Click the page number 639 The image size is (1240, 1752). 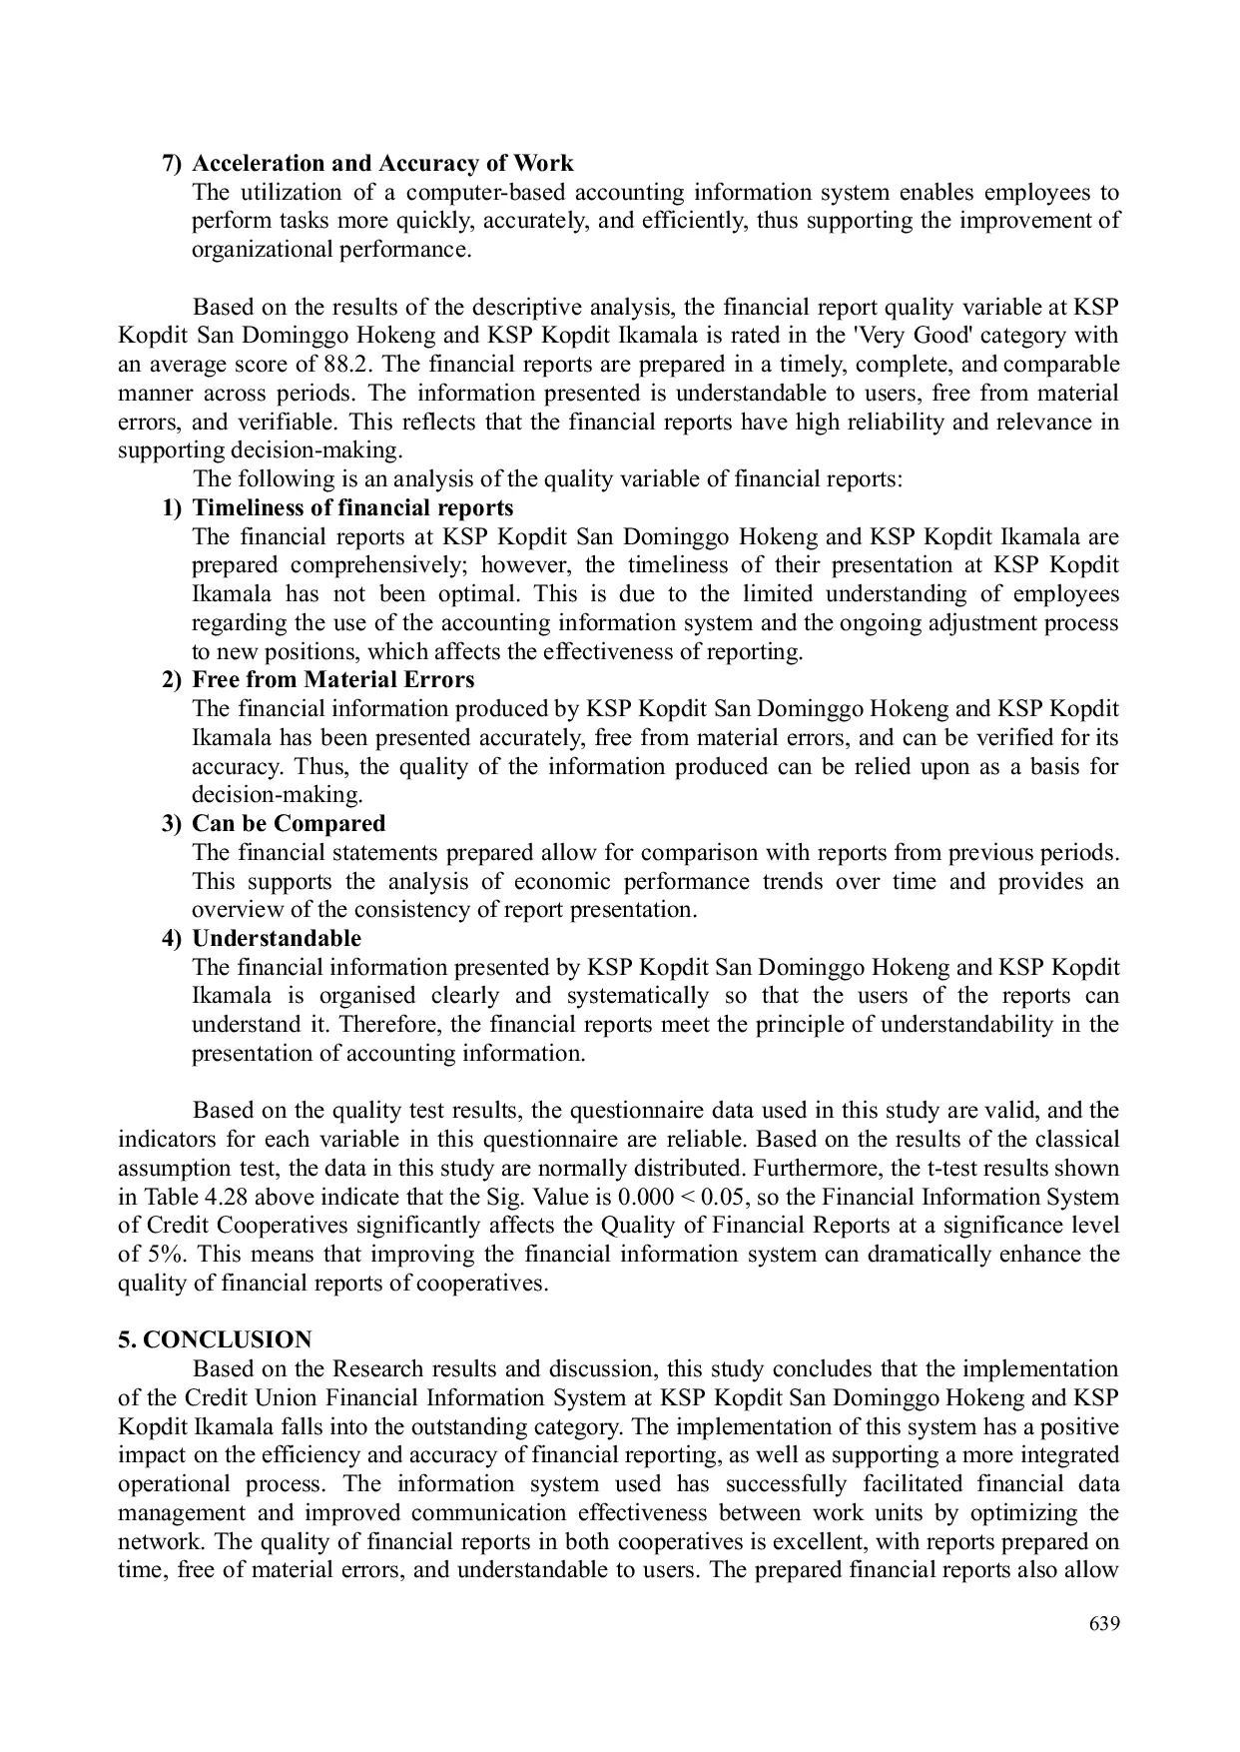coord(1103,1623)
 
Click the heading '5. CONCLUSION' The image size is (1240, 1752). coord(215,1339)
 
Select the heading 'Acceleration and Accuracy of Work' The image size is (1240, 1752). coord(382,163)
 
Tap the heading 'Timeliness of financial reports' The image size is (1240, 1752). coord(352,507)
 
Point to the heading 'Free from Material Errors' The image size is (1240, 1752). coord(332,680)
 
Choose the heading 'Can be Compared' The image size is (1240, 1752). coord(288,824)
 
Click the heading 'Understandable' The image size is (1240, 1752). coord(276,939)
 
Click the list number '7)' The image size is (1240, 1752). coord(173,163)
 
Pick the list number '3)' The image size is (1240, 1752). coord(173,824)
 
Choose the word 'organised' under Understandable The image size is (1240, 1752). coord(366,996)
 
